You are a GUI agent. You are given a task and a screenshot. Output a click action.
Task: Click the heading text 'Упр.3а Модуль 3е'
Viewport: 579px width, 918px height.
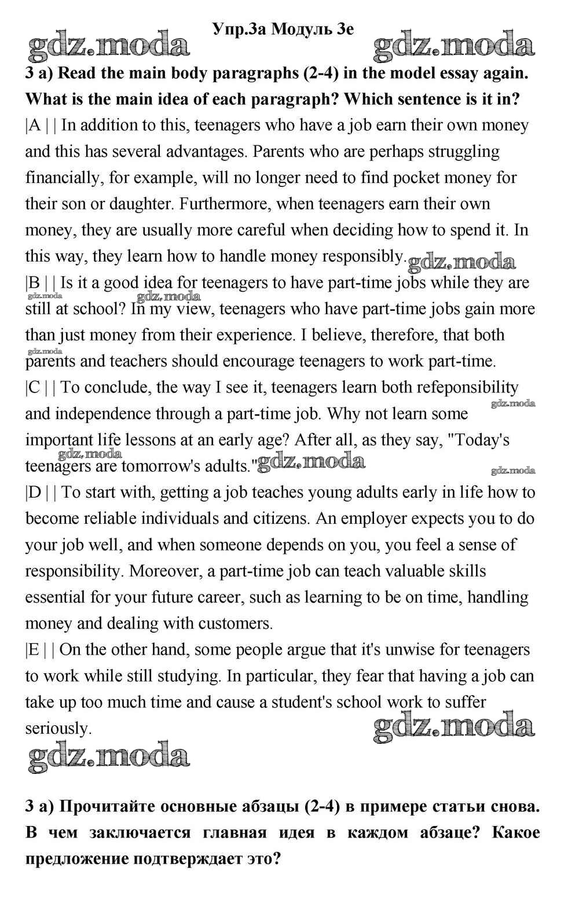(283, 28)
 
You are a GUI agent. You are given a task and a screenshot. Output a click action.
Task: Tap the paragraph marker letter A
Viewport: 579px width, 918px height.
(35, 126)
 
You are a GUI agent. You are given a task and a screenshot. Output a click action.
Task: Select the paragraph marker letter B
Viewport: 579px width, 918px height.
(35, 283)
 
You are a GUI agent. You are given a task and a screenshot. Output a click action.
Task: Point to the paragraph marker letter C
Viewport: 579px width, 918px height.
(35, 387)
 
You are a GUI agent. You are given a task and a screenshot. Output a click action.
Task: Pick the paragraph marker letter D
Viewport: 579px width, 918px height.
(35, 493)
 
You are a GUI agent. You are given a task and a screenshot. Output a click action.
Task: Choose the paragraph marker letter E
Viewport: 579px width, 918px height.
(34, 650)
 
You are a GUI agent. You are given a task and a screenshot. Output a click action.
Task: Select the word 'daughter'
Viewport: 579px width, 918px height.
(140, 204)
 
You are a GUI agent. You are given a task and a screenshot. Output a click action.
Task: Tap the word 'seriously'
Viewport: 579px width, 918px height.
(58, 729)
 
